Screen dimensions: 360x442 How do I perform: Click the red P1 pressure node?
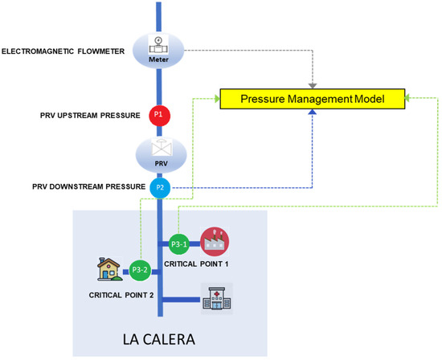158,115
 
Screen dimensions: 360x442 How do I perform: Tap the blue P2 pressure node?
159,188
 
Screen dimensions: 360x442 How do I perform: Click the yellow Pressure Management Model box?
312,100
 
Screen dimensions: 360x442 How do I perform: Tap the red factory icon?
215,241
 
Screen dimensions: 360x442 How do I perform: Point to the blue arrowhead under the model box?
312,114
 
